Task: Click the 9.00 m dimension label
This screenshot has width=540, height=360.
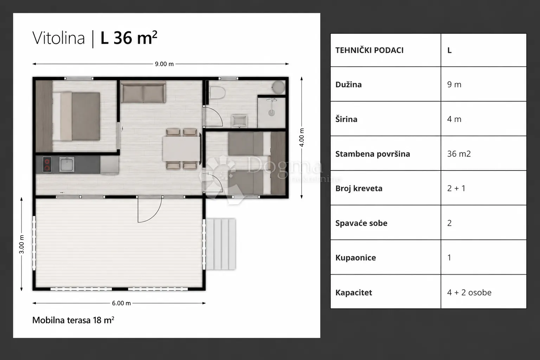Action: [164, 64]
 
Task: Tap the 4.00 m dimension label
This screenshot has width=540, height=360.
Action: [302, 137]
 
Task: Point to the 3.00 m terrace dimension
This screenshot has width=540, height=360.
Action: [21, 244]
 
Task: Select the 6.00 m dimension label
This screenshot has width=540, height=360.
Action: [121, 303]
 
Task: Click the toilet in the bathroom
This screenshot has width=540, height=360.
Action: [217, 93]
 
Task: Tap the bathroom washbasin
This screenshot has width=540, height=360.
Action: [239, 121]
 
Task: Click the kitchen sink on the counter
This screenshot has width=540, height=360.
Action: [67, 165]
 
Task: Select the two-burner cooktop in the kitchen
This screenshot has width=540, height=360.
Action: [47, 165]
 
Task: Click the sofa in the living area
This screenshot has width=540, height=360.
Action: [143, 92]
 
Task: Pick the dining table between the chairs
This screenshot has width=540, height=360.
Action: [181, 149]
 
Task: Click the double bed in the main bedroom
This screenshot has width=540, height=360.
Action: [76, 116]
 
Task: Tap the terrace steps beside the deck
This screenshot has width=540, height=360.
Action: [220, 244]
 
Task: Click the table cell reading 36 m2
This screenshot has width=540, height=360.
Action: [459, 154]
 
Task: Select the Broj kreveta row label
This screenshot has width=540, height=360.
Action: [359, 188]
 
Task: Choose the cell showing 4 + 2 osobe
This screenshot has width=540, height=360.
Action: [469, 292]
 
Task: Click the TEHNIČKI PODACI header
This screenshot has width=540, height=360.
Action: [369, 50]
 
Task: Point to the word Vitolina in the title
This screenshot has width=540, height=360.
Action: [59, 38]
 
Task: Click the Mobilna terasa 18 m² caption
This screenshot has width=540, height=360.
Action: [73, 320]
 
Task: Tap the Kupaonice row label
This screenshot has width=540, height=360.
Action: [355, 258]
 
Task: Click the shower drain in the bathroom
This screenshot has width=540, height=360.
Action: [272, 112]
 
